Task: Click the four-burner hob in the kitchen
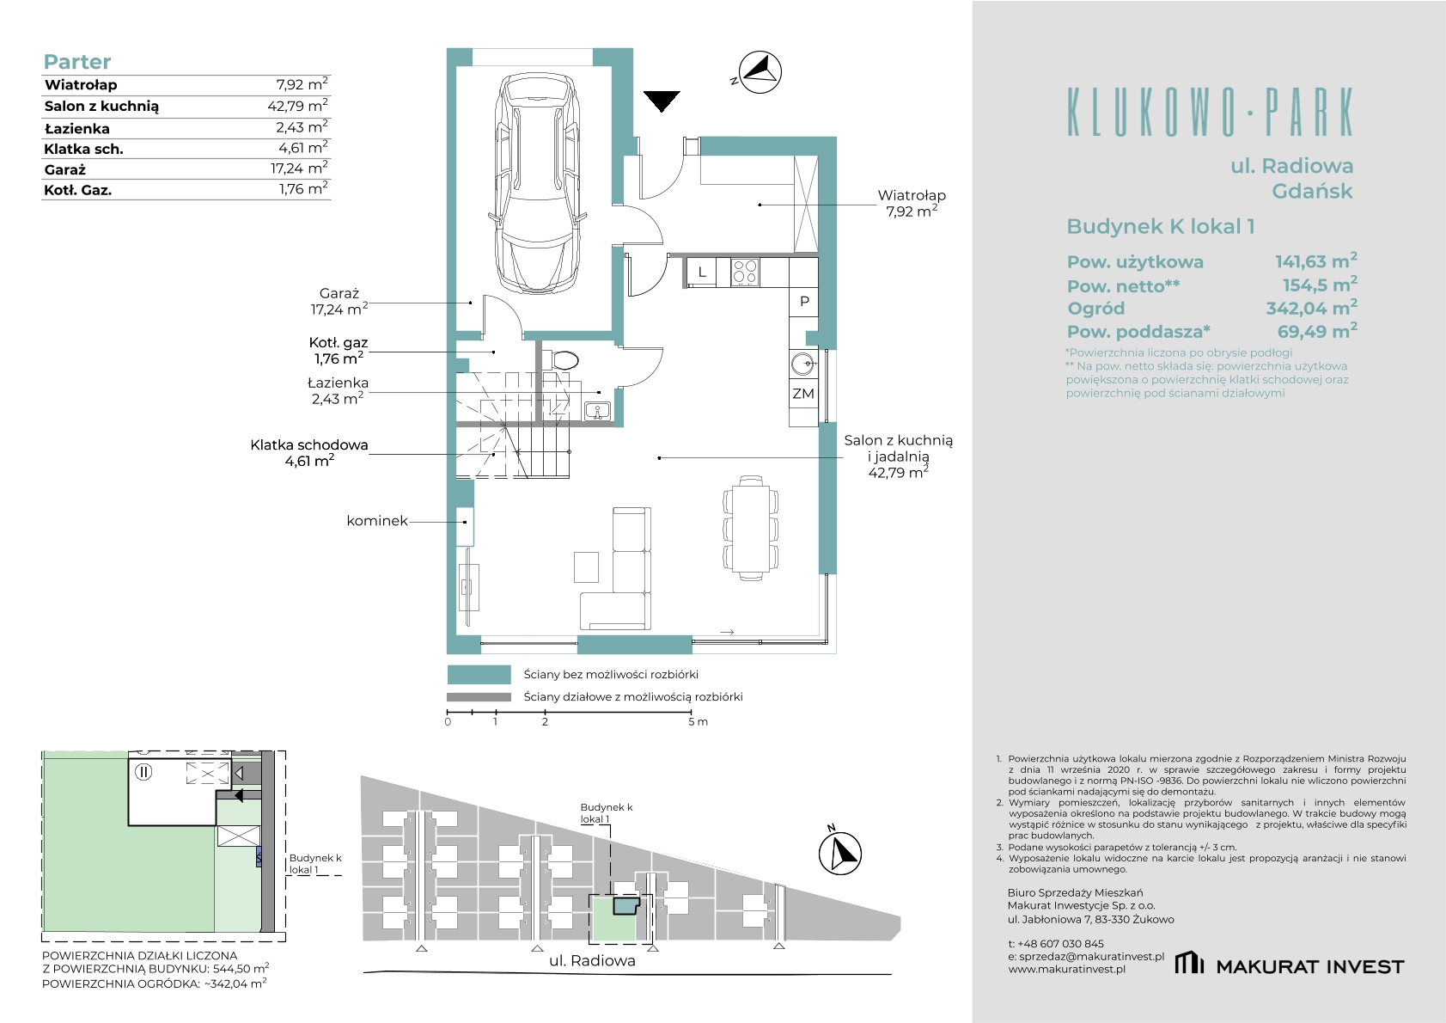click(745, 272)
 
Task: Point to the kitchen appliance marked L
click(702, 272)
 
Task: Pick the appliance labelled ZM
click(803, 394)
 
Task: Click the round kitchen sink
click(803, 364)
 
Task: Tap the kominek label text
click(377, 521)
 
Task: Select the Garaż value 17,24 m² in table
click(299, 168)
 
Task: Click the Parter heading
click(76, 62)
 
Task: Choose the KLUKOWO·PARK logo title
click(1210, 113)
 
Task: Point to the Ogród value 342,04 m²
click(1311, 308)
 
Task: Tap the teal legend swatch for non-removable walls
click(479, 675)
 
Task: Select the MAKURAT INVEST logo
click(1289, 965)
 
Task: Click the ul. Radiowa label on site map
click(592, 961)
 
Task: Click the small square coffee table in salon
click(586, 567)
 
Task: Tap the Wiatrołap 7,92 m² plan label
click(912, 203)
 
